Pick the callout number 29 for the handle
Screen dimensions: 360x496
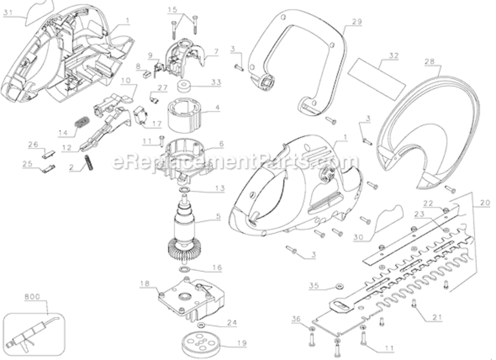356,22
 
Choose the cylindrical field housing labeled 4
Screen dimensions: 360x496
184,117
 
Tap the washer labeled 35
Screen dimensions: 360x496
338,287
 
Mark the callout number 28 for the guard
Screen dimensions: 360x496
429,61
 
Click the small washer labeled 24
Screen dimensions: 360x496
201,326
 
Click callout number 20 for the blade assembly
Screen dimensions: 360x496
484,203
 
